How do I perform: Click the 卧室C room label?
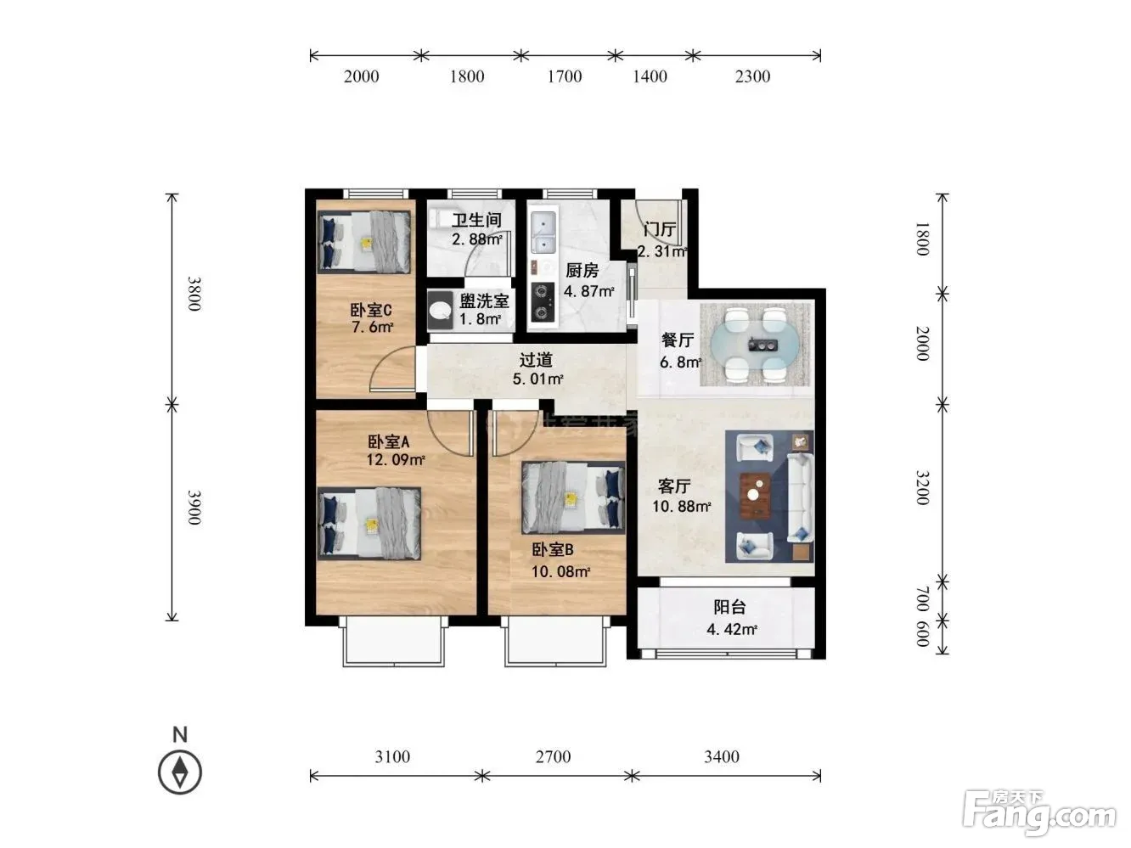click(x=371, y=310)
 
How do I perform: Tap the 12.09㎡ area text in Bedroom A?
click(x=396, y=459)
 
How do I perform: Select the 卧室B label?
click(x=553, y=550)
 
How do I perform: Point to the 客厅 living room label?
click(x=674, y=486)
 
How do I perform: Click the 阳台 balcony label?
click(x=729, y=608)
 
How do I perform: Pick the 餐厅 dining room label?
click(x=678, y=340)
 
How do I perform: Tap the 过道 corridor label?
click(x=536, y=359)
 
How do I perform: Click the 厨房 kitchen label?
click(x=582, y=270)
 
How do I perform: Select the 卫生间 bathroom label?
click(x=476, y=221)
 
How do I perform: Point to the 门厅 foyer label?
click(x=660, y=229)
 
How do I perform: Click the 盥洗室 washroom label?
click(x=484, y=301)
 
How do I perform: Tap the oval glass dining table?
click(x=756, y=345)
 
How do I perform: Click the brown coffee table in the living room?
click(x=756, y=496)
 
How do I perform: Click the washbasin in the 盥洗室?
click(x=441, y=310)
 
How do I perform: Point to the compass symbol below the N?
click(x=180, y=772)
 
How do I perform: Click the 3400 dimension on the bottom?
click(x=722, y=756)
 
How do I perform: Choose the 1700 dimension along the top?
click(x=564, y=76)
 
